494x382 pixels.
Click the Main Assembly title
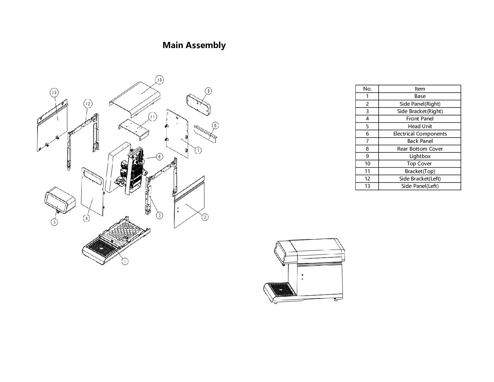[x=194, y=45]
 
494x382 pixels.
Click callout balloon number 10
[x=159, y=80]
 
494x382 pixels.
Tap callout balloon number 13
[x=54, y=93]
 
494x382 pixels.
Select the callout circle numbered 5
[x=54, y=222]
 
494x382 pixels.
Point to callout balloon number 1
[x=124, y=261]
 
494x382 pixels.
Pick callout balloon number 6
[x=159, y=157]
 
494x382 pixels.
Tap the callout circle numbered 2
[x=205, y=217]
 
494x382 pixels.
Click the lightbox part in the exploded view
[x=199, y=104]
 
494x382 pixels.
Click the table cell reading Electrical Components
[x=420, y=134]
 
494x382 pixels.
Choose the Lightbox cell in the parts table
[x=420, y=156]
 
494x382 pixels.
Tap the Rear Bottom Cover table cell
[x=420, y=149]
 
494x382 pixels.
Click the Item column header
[x=420, y=89]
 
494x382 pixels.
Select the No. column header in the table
[x=367, y=89]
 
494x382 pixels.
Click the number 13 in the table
[x=367, y=186]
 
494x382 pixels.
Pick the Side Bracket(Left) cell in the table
[x=420, y=179]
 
